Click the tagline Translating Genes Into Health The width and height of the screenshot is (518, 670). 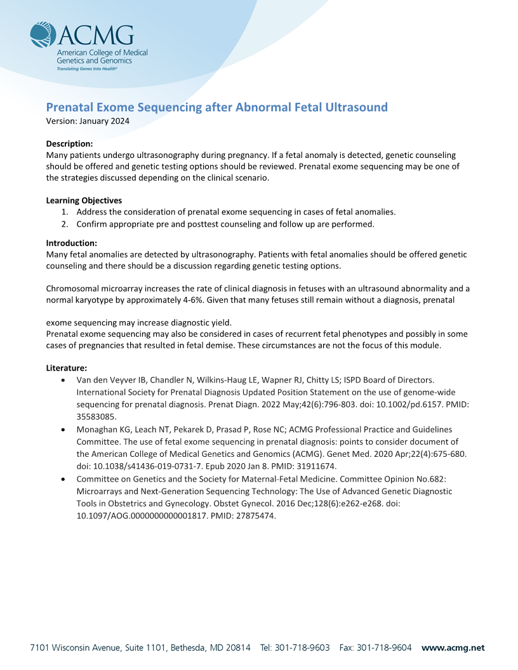point(87,67)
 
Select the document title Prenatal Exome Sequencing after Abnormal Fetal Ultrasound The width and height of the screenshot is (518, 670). point(216,107)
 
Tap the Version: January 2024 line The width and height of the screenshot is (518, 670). point(88,121)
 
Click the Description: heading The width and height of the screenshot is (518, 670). point(70,143)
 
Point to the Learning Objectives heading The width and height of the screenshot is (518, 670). point(84,200)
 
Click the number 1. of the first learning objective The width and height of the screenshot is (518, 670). point(65,212)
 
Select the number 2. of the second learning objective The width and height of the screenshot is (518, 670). point(65,223)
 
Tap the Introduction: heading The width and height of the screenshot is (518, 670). point(72,243)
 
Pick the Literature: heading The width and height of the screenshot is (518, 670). point(67,368)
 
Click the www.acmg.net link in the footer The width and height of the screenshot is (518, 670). point(453,648)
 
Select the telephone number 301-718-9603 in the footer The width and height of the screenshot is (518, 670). point(302,648)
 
